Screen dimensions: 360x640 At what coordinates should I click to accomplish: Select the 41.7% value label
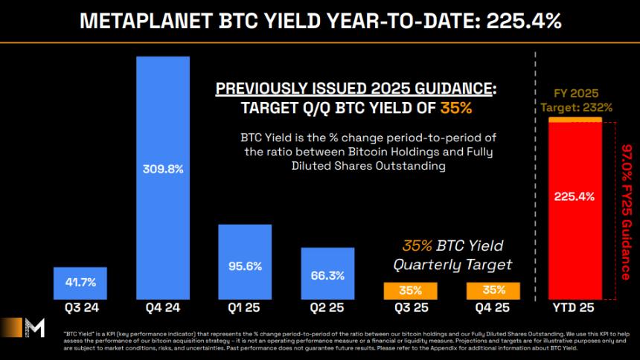pos(80,283)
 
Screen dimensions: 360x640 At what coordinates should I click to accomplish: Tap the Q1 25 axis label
pos(245,306)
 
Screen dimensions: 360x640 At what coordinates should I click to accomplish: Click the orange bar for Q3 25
pos(410,290)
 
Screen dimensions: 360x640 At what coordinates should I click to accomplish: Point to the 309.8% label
pos(163,169)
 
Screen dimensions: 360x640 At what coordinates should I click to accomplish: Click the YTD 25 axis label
pos(575,306)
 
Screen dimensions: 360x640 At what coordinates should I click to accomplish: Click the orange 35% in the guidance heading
pos(455,107)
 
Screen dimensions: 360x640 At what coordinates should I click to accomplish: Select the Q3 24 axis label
pos(80,306)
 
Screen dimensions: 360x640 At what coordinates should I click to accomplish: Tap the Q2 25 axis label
pos(327,306)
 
